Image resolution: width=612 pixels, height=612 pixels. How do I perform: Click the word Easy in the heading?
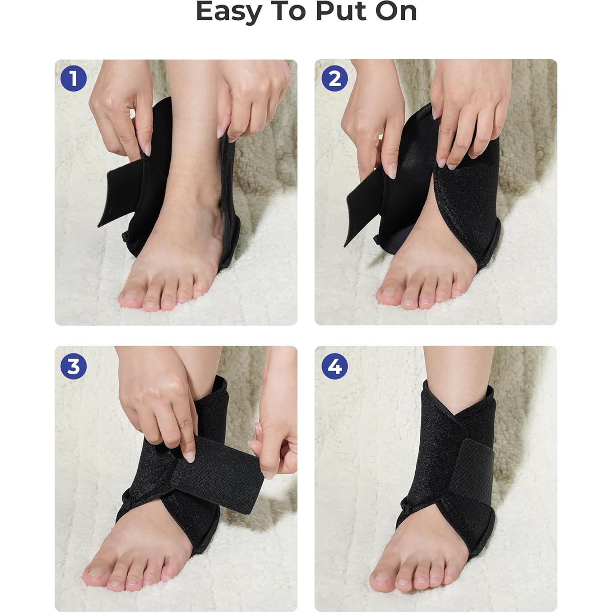228,12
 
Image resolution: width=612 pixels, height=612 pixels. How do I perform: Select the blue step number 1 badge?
73,79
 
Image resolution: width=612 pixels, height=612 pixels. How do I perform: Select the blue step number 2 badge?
334,79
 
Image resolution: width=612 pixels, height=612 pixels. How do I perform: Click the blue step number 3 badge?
73,366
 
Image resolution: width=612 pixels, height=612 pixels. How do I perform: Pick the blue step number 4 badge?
334,366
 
